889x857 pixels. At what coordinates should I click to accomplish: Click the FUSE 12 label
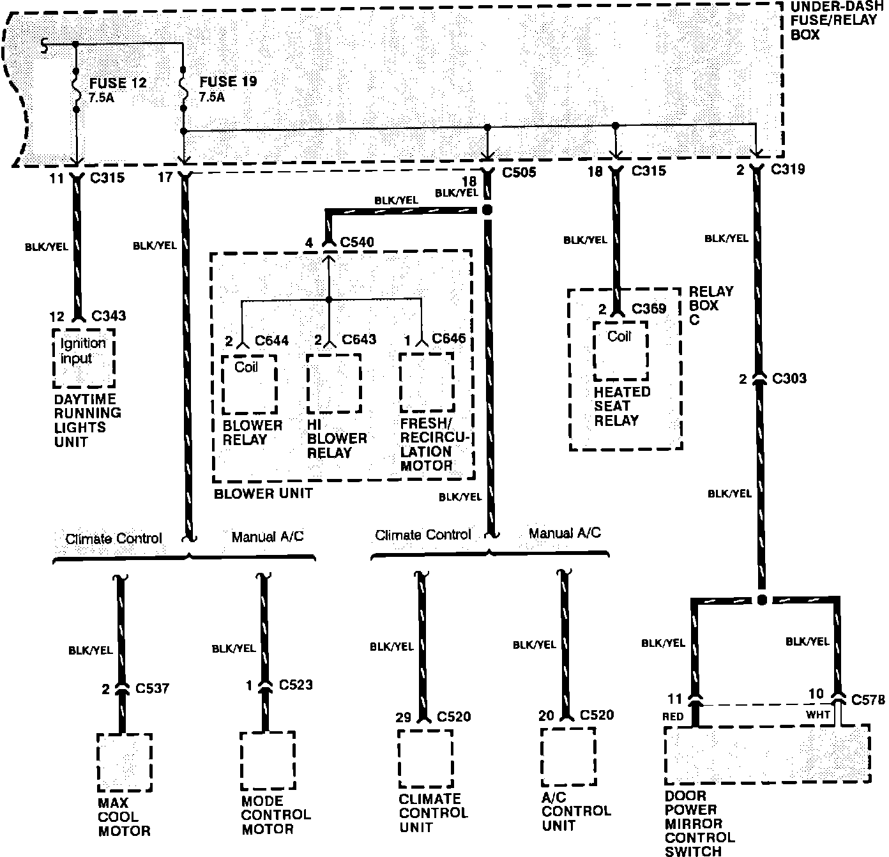(118, 83)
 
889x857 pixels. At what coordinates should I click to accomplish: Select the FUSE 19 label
(228, 82)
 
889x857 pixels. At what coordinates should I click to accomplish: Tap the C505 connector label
(519, 172)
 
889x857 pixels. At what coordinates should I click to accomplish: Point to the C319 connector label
(787, 169)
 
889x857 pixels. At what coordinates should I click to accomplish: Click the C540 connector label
(357, 243)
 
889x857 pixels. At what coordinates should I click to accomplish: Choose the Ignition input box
(84, 358)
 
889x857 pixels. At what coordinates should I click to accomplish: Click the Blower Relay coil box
(249, 384)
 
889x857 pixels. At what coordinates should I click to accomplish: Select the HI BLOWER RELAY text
(337, 439)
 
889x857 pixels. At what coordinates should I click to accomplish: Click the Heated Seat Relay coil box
(620, 351)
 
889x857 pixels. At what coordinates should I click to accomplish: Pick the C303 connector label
(789, 379)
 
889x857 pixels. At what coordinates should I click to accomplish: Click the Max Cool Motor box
(125, 762)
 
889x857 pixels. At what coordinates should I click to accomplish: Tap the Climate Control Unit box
(425, 759)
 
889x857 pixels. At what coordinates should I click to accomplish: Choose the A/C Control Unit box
(568, 757)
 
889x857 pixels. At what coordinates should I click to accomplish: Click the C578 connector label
(869, 700)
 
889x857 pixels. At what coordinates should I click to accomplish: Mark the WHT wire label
(817, 715)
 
